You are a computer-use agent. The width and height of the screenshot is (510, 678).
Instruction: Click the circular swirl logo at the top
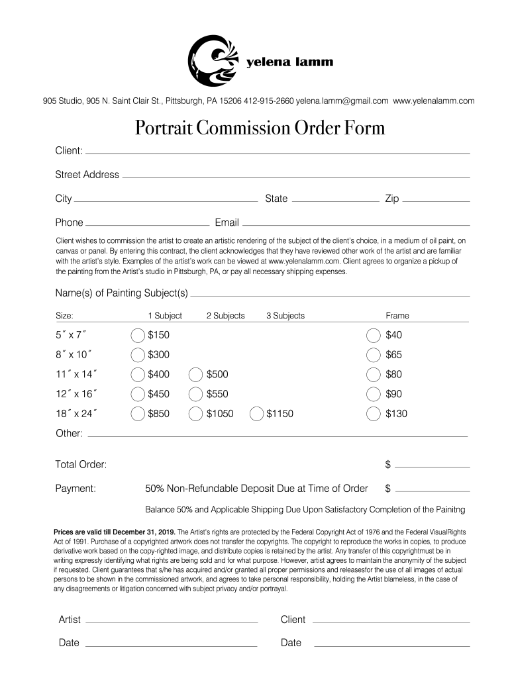click(213, 61)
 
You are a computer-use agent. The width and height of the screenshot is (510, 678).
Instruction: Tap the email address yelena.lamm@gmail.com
click(342, 101)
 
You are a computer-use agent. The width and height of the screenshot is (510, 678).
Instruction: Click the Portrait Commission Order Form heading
click(260, 127)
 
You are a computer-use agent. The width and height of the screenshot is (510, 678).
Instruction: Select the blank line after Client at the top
click(277, 152)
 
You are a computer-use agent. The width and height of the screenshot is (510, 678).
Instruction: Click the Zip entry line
click(436, 199)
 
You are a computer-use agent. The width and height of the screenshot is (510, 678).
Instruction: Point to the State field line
click(335, 199)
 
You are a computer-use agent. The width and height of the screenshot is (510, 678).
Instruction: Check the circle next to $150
click(138, 335)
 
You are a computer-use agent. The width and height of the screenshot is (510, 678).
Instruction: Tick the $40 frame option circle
click(374, 335)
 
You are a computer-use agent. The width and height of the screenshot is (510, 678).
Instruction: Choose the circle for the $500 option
click(196, 375)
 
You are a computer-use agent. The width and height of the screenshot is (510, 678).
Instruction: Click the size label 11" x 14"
click(76, 375)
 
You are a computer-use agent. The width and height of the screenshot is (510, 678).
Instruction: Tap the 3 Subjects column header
click(285, 316)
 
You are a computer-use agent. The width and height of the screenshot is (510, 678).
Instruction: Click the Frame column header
click(397, 316)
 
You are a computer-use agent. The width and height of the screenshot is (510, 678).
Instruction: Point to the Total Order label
click(81, 465)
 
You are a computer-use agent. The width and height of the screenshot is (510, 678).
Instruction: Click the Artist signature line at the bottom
click(171, 622)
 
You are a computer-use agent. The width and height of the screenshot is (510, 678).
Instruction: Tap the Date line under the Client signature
click(391, 645)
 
